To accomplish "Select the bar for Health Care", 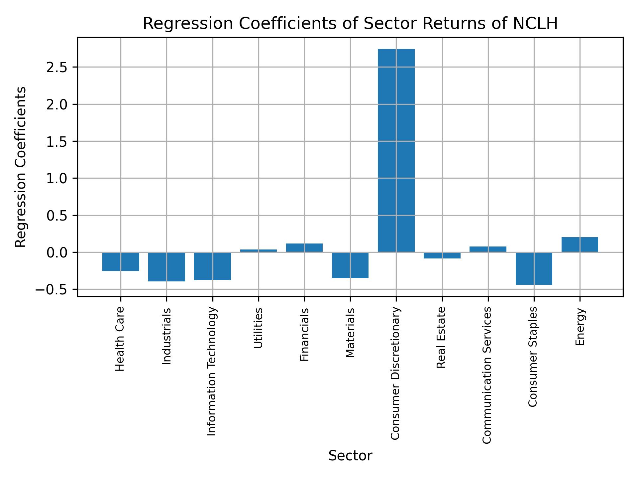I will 121,262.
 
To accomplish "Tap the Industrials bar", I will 166,267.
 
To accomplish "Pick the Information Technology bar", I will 212,266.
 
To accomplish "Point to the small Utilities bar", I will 258,250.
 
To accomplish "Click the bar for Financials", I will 304,248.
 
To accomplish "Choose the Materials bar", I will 350,265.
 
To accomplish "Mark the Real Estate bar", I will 442,255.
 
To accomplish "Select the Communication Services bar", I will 488,249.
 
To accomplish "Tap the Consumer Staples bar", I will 534,268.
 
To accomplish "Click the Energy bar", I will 580,244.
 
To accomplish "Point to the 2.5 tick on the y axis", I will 57,68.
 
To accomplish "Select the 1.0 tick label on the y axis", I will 57,179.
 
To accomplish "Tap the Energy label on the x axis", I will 580,327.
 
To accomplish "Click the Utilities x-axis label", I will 258,328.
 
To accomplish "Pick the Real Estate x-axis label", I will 441,337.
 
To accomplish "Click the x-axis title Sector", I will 350,456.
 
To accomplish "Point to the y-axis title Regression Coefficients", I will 21,167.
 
